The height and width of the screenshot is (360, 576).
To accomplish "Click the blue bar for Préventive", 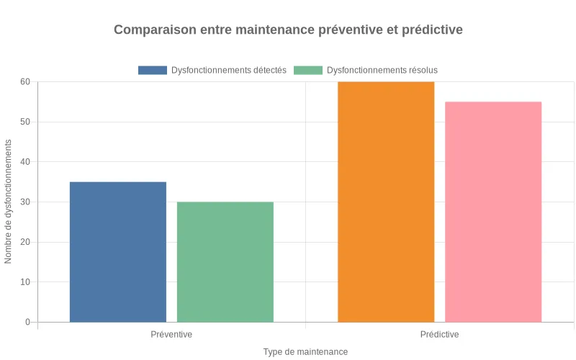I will coord(118,251).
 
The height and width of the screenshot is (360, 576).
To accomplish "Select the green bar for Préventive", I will coord(225,261).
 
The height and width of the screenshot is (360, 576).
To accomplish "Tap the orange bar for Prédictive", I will coord(386,202).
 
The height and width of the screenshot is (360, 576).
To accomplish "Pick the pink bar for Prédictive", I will coord(493,212).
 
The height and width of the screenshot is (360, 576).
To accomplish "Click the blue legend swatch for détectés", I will coord(152,71).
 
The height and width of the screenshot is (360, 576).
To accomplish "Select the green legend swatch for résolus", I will coord(308,71).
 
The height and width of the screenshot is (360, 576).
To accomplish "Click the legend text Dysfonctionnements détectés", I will coord(229,71).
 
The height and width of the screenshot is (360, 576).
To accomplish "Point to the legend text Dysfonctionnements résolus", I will coord(382,71).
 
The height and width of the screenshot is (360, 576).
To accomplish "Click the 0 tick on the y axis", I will coord(27,322).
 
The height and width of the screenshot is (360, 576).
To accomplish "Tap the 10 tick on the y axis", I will coord(25,282).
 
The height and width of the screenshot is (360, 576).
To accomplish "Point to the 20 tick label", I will coord(25,242).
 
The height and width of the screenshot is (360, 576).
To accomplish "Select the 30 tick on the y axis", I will coord(25,202).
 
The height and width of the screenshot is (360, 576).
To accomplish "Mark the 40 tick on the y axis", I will coord(25,162).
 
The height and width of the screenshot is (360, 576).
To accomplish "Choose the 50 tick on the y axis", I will coord(25,122).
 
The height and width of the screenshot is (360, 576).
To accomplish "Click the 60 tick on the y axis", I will coord(25,82).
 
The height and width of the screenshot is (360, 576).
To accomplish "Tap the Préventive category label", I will coord(171,335).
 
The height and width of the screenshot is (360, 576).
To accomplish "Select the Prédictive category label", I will coord(439,335).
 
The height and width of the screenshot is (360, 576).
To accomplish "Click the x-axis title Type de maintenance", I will coord(305,352).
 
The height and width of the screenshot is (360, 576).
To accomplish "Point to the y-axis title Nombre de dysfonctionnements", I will coord(9,202).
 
